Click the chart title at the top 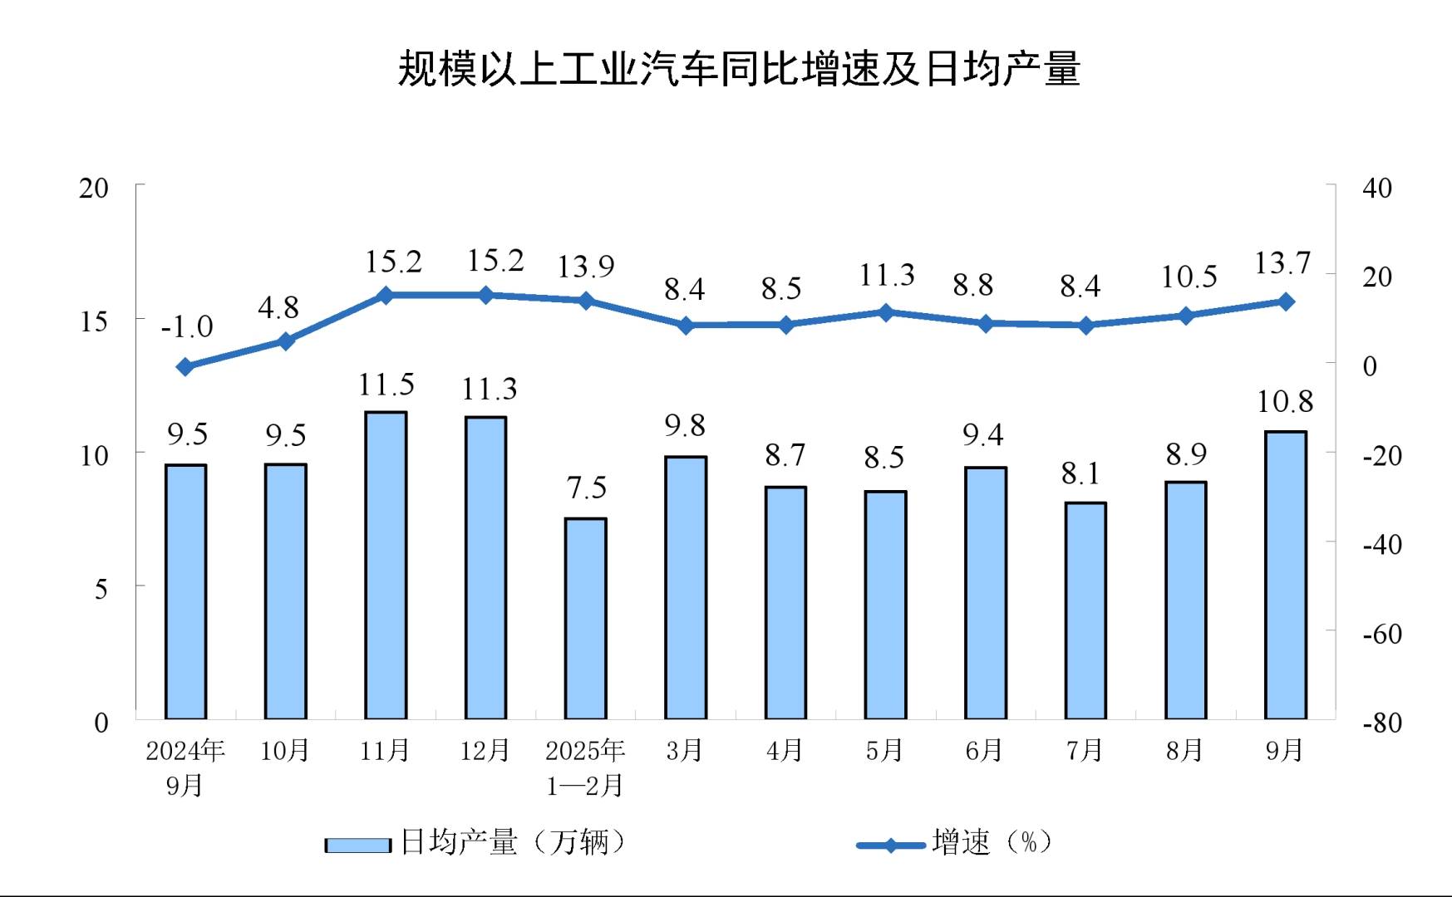pos(739,68)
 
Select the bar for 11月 pos(386,565)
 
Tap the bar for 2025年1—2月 pos(585,619)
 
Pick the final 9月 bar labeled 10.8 pos(1285,575)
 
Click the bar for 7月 pos(1085,610)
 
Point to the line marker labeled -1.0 pos(185,366)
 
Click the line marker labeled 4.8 pos(285,341)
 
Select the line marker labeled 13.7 pos(1285,301)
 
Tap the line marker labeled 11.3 pos(885,312)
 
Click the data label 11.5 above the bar pos(386,385)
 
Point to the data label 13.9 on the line pos(585,267)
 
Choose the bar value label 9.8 pos(685,425)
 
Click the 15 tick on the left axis pos(94,321)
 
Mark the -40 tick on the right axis pos(1381,545)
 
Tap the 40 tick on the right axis pos(1377,189)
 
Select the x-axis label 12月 pos(485,751)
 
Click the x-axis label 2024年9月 pos(185,767)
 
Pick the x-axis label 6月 pos(984,751)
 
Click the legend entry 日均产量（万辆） pos(475,843)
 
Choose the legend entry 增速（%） pos(956,843)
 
